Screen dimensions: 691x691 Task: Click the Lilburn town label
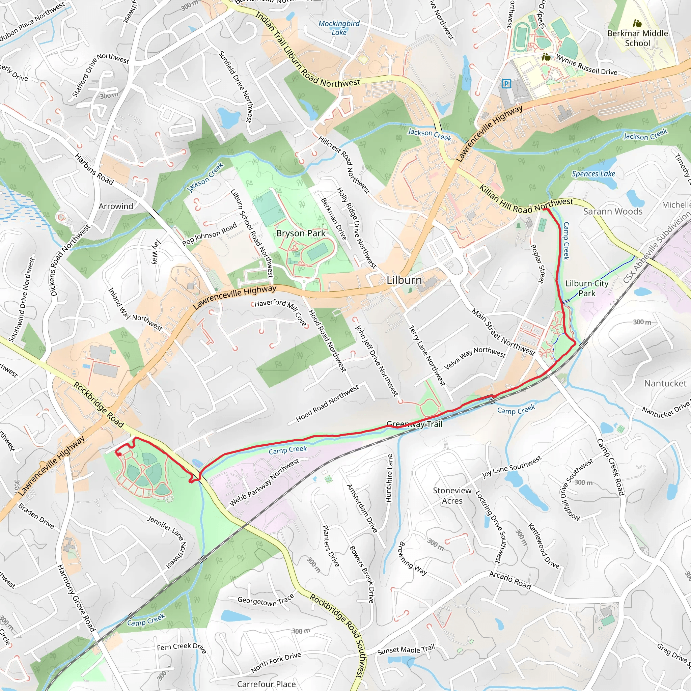point(404,280)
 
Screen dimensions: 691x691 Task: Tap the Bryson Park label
point(301,233)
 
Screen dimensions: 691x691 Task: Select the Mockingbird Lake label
point(339,28)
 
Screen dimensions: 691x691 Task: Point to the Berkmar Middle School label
point(637,38)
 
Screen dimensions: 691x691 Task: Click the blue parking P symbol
point(506,84)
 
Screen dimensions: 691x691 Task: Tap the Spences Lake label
point(593,174)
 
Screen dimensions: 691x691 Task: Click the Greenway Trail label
point(415,424)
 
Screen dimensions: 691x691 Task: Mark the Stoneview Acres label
point(452,495)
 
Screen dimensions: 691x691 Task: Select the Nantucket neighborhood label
point(665,383)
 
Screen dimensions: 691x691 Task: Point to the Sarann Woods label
point(613,211)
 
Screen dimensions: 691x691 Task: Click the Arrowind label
point(116,206)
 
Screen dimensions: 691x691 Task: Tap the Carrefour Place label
point(266,684)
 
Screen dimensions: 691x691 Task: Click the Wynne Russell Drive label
point(586,65)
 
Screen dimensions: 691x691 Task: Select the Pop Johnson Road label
point(209,234)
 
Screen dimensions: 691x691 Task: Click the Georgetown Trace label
point(266,601)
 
